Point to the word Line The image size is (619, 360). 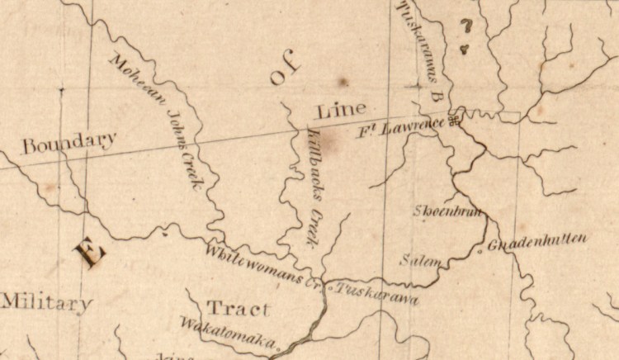[x=338, y=110]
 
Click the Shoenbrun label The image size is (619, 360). [x=447, y=210]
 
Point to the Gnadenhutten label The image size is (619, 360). [x=537, y=242]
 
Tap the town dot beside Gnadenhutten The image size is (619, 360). [x=481, y=249]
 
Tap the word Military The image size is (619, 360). [x=45, y=303]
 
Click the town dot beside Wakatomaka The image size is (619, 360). [x=279, y=348]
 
